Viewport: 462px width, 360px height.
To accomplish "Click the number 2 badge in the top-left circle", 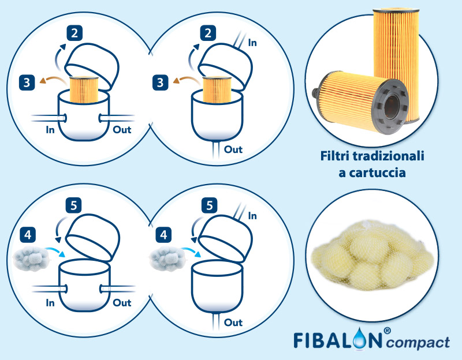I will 74,32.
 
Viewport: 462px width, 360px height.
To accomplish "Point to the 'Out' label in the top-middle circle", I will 233,149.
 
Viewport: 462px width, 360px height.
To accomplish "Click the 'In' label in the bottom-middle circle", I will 252,215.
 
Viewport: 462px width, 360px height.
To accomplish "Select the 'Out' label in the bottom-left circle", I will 122,302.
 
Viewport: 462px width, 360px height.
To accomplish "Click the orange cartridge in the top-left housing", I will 85,91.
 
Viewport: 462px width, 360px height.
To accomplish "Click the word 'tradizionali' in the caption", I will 392,156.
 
